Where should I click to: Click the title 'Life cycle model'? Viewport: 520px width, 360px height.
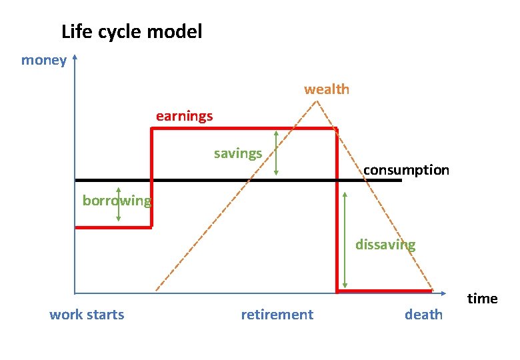coord(131,31)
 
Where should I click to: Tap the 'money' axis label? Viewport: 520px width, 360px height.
coord(44,61)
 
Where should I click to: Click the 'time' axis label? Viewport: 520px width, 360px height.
coord(482,299)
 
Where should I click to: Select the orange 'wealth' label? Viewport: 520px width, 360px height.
coord(327,89)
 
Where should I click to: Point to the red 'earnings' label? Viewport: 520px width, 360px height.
coord(185,116)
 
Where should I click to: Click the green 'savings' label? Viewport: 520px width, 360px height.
coord(238,154)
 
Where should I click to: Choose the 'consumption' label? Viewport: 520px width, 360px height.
coord(406,170)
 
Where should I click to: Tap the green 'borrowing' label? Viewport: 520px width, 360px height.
coord(117,200)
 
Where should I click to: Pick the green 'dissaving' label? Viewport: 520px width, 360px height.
coord(385,245)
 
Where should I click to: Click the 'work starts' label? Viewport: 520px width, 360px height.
coord(87,315)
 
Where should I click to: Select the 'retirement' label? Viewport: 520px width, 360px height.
coord(277,315)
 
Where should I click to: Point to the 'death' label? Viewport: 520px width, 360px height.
coord(423,315)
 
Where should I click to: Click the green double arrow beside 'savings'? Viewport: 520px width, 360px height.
coord(276,153)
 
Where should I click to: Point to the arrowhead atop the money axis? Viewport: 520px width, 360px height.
coord(75,57)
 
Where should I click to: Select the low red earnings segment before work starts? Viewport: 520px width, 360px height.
coord(113,227)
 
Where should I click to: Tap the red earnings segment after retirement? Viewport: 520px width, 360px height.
coord(384,291)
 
